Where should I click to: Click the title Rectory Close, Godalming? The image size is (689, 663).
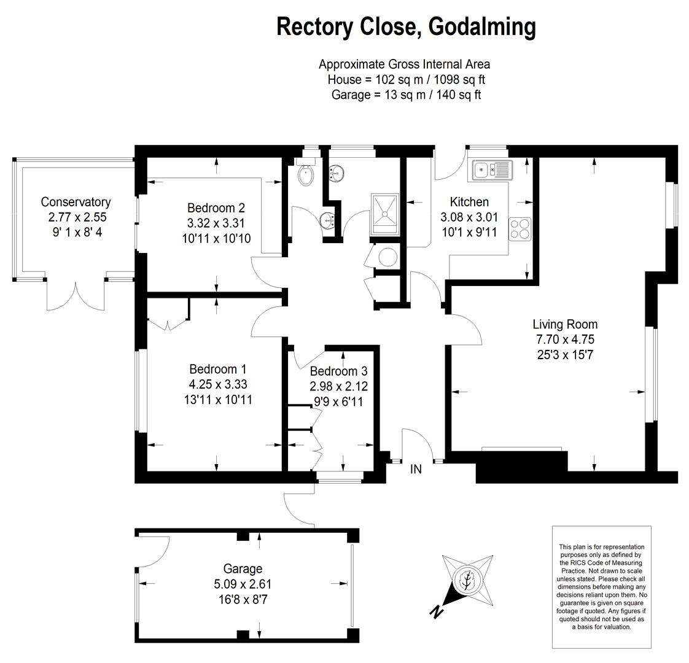(406, 26)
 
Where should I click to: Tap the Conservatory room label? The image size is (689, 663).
(76, 202)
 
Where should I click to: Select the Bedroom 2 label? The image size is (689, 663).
(216, 207)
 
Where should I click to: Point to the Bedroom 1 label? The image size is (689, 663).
(217, 369)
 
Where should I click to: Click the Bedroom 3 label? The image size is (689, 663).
(338, 371)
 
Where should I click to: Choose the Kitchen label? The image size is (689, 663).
(469, 202)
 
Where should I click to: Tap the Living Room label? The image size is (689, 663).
(564, 324)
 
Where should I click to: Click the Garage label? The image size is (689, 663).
(243, 569)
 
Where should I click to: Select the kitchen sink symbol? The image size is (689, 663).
(492, 169)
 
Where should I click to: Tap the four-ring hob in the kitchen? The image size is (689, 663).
(520, 228)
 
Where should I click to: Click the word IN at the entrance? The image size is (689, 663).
(416, 469)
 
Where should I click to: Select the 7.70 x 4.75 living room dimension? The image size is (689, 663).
(564, 339)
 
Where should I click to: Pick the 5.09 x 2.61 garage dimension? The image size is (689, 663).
(243, 584)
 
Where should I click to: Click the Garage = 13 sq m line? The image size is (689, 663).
(405, 95)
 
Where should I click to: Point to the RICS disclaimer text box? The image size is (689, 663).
(601, 586)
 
